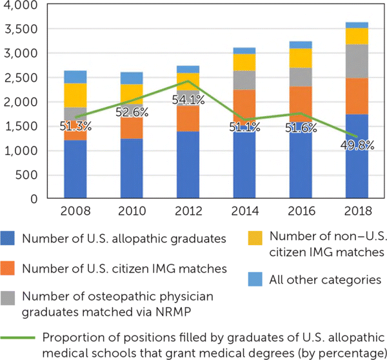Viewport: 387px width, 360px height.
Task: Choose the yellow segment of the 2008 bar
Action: (75, 95)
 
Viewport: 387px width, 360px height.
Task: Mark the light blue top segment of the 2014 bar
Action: (244, 50)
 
